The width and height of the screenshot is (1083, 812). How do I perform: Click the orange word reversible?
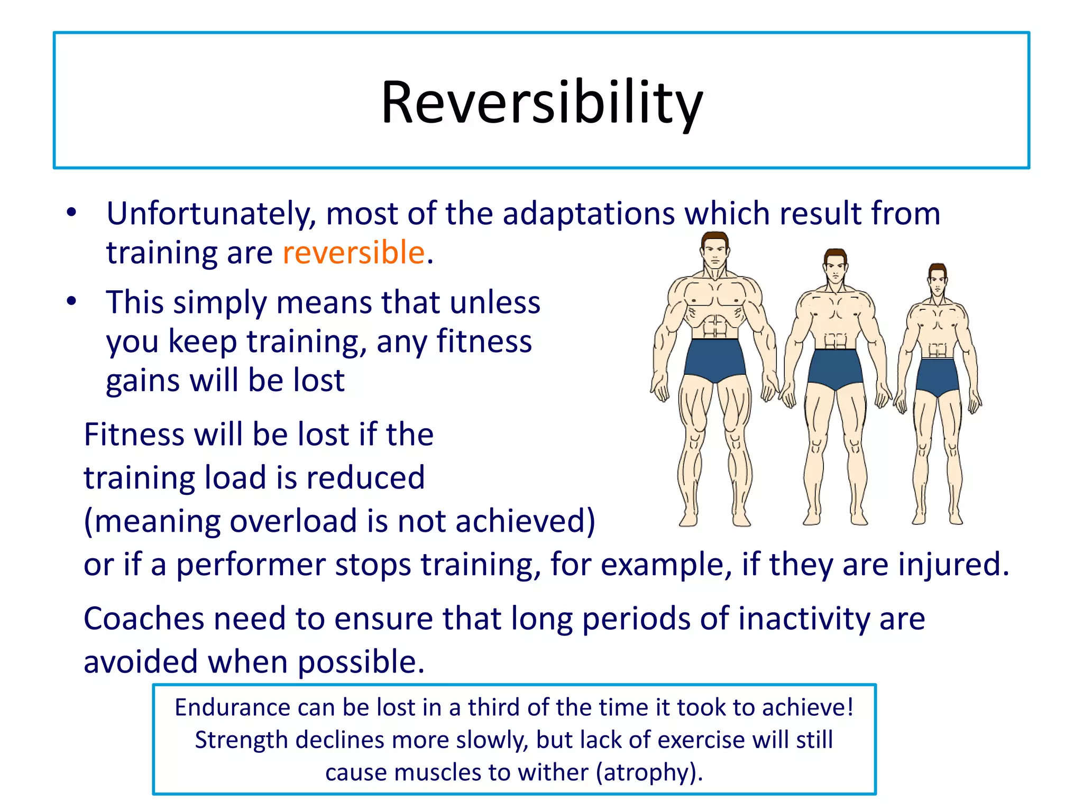tap(353, 252)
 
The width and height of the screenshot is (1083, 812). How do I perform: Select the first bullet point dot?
tap(71, 213)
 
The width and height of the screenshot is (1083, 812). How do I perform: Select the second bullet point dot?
tap(71, 301)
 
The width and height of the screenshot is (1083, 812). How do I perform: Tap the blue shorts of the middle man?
tap(836, 367)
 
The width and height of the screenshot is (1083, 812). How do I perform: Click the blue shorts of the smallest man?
tap(938, 375)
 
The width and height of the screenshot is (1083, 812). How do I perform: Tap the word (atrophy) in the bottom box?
tap(649, 772)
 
